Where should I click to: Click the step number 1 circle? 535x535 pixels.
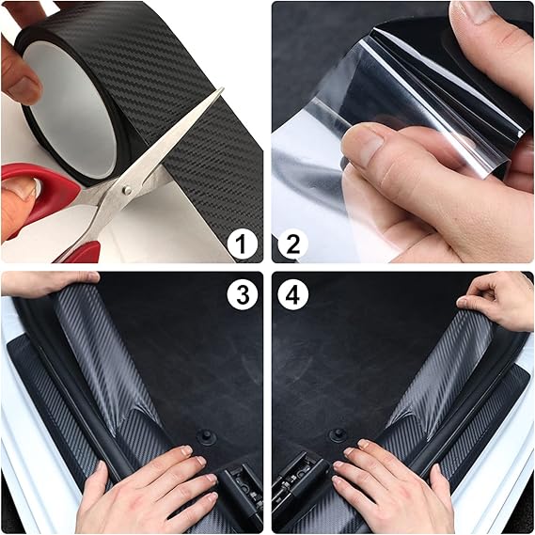242,244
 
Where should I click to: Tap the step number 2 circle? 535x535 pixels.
292,244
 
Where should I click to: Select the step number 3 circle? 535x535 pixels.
243,295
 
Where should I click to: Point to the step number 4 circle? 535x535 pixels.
292,295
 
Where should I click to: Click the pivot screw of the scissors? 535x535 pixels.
127,190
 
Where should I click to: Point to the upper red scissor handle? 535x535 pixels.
38,191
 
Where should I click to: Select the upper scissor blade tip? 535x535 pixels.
224,88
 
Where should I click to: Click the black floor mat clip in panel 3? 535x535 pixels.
205,436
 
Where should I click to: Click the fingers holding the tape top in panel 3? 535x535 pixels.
48,283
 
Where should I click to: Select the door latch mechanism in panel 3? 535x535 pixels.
241,492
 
